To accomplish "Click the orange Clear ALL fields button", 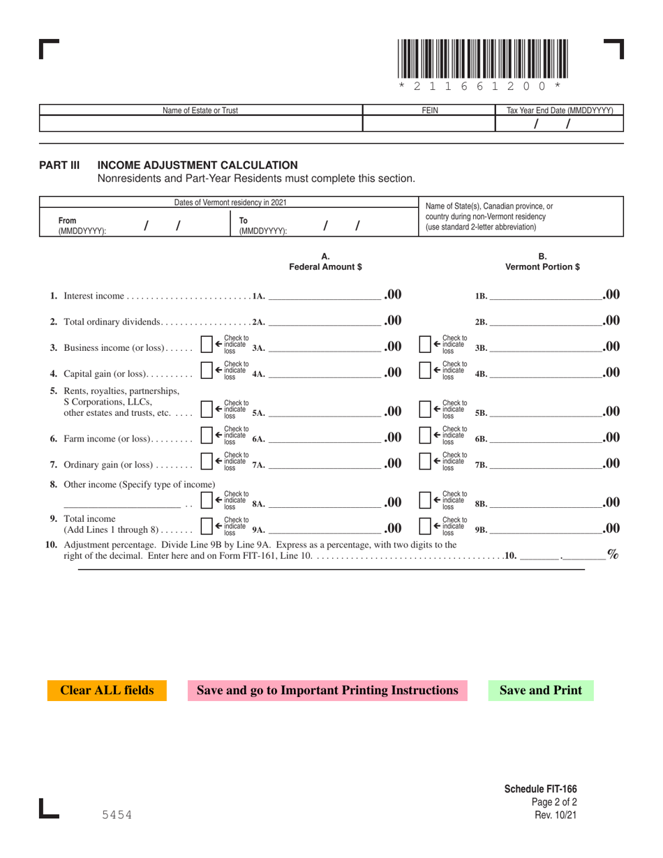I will [x=107, y=691].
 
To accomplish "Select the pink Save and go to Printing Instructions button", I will [x=327, y=691].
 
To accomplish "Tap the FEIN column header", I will [x=429, y=110].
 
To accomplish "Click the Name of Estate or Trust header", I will [x=201, y=110].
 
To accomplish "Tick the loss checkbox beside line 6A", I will [x=206, y=437].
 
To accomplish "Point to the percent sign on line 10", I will [x=613, y=555].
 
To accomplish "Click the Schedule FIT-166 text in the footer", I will [x=540, y=789].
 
